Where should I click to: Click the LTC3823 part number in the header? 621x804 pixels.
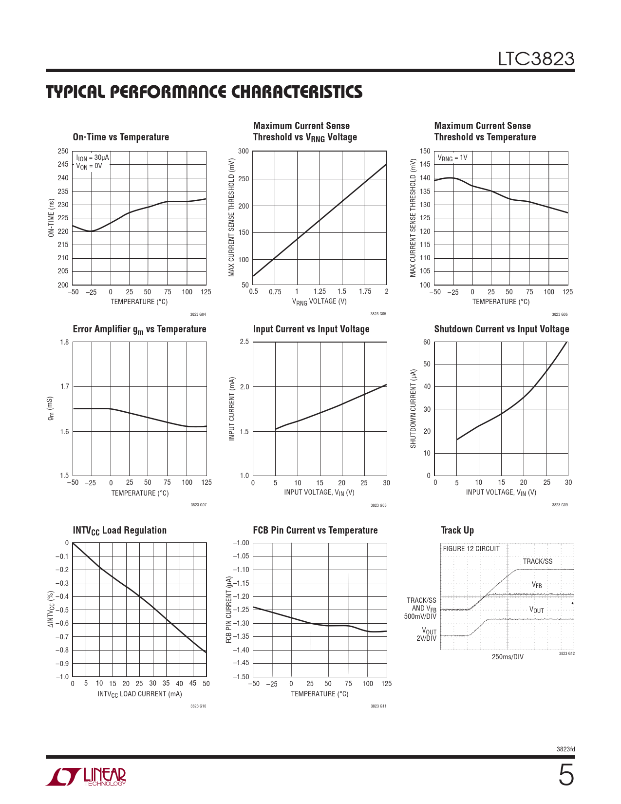(x=536, y=59)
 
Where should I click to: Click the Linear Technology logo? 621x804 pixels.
(x=86, y=777)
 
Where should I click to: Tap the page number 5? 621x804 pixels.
(x=565, y=775)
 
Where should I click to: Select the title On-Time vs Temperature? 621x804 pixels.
(x=121, y=137)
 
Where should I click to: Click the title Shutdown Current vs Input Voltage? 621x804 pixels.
(x=502, y=329)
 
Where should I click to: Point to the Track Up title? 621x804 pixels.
(x=457, y=530)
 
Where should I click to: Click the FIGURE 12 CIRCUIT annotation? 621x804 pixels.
(x=471, y=549)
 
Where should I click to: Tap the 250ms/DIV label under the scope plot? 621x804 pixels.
(x=508, y=657)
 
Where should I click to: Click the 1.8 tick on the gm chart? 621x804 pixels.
(x=64, y=342)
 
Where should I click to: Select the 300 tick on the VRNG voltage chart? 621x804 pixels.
(x=244, y=151)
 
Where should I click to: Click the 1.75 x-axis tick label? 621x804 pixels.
(x=365, y=291)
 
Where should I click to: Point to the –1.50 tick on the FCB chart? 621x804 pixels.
(x=241, y=677)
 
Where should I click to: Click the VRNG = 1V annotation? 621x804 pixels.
(x=452, y=158)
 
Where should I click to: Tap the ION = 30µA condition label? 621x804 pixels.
(x=93, y=158)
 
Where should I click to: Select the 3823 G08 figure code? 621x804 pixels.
(x=378, y=505)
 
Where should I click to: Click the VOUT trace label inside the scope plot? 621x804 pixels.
(x=536, y=610)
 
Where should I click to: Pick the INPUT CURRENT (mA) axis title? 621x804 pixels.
(x=232, y=409)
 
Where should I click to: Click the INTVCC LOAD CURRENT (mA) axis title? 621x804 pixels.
(x=140, y=694)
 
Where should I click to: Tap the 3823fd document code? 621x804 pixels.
(x=565, y=749)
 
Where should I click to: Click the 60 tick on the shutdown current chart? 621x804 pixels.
(x=427, y=342)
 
